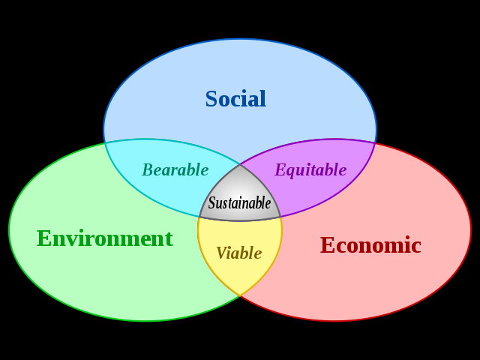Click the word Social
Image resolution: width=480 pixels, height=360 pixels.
(235, 99)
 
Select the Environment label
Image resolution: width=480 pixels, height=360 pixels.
(104, 238)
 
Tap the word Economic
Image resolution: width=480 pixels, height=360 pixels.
(370, 245)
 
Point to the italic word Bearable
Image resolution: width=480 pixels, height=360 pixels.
(175, 170)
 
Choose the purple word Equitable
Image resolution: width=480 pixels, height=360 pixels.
(310, 170)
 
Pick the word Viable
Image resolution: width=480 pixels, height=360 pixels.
(238, 253)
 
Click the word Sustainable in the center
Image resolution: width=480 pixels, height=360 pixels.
(239, 203)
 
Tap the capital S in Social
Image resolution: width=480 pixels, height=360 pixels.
(211, 99)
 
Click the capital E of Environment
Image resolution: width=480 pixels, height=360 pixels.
(43, 238)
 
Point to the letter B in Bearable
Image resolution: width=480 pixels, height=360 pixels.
(148, 170)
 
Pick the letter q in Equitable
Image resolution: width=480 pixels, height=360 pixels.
(289, 172)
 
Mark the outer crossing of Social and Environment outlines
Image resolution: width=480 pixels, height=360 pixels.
(105, 142)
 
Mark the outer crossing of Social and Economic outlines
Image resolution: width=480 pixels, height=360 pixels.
(375, 142)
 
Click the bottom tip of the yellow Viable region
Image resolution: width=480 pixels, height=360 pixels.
(240, 296)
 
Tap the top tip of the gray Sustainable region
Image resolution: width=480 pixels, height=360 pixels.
(240, 164)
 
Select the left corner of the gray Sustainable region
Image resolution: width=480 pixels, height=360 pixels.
(199, 217)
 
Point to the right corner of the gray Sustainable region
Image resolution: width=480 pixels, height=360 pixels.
(281, 217)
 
